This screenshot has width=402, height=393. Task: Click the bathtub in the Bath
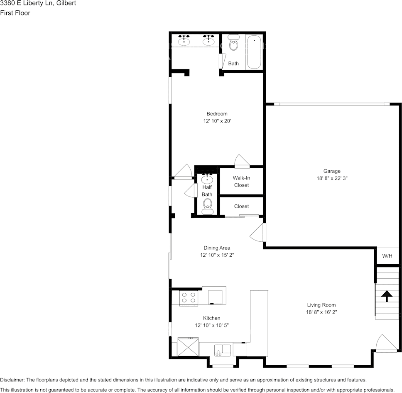coord(254,52)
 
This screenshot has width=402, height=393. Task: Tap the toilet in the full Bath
coord(234,43)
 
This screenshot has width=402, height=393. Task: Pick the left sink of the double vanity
coord(184,41)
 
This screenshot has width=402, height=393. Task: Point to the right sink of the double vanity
coord(208,41)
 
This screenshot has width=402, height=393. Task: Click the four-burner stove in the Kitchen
coord(189,298)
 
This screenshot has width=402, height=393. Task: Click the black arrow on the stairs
coord(387,296)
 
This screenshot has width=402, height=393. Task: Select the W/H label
coord(387,256)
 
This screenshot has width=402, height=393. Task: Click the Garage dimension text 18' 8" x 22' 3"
coord(332,178)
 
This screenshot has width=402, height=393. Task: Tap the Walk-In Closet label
coord(241,182)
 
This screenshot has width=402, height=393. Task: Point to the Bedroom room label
coord(217,114)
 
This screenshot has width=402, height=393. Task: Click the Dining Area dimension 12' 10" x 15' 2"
coord(217,255)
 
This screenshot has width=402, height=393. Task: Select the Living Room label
coord(321,305)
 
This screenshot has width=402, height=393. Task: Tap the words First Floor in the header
coord(15,13)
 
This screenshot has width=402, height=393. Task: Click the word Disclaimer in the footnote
coord(12,380)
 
